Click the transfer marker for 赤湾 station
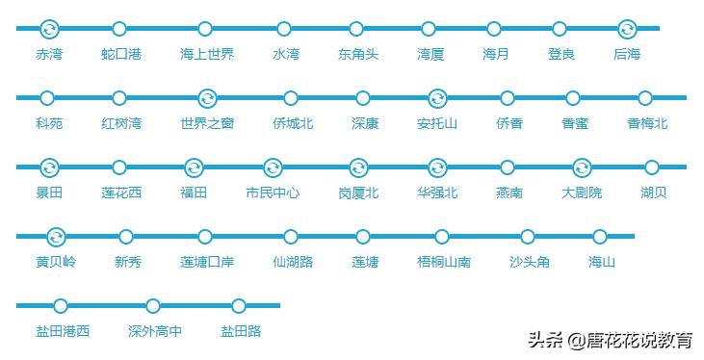[49, 29]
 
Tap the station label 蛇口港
[120, 55]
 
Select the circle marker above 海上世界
[205, 29]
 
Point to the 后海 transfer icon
[627, 29]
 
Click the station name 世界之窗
[206, 124]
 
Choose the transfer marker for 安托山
[436, 98]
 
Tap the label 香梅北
[647, 124]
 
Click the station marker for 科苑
[47, 98]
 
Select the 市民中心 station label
[273, 193]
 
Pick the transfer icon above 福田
[194, 167]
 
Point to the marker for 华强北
[437, 167]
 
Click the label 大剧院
[582, 193]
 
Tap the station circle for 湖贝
[652, 167]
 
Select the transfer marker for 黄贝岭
[56, 237]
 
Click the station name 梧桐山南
[444, 263]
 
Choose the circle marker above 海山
[600, 237]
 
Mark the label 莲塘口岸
[206, 263]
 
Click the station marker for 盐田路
[239, 306]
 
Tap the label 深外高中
[154, 332]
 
